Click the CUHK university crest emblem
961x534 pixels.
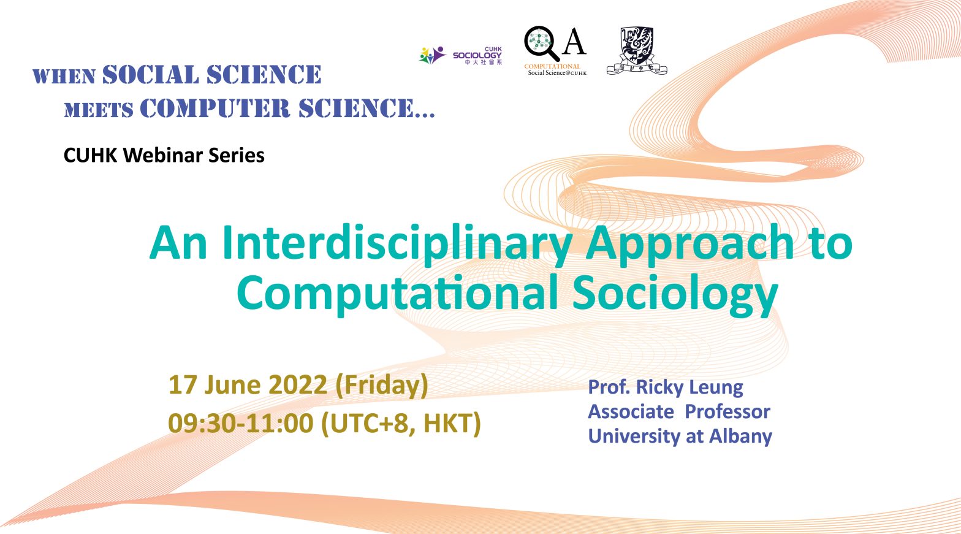coord(637,51)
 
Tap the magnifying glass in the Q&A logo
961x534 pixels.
coord(541,43)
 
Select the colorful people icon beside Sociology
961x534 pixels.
coord(433,55)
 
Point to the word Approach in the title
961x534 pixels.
coord(691,243)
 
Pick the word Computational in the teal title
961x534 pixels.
coord(398,293)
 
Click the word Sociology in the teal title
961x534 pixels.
coord(675,293)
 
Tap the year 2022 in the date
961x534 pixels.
coord(298,385)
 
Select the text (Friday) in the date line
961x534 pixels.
coord(381,386)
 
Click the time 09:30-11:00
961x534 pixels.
coord(240,423)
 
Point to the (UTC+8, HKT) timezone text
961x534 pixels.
coord(401,424)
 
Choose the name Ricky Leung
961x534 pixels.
coord(689,387)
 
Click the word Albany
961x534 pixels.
coord(740,437)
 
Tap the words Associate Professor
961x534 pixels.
coord(679,411)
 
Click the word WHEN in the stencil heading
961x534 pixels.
coord(64,77)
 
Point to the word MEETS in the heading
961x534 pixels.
coord(99,110)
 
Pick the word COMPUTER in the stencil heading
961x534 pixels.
coord(215,108)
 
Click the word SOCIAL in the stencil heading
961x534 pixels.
coord(151,74)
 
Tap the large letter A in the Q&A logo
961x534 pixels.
coord(574,42)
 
